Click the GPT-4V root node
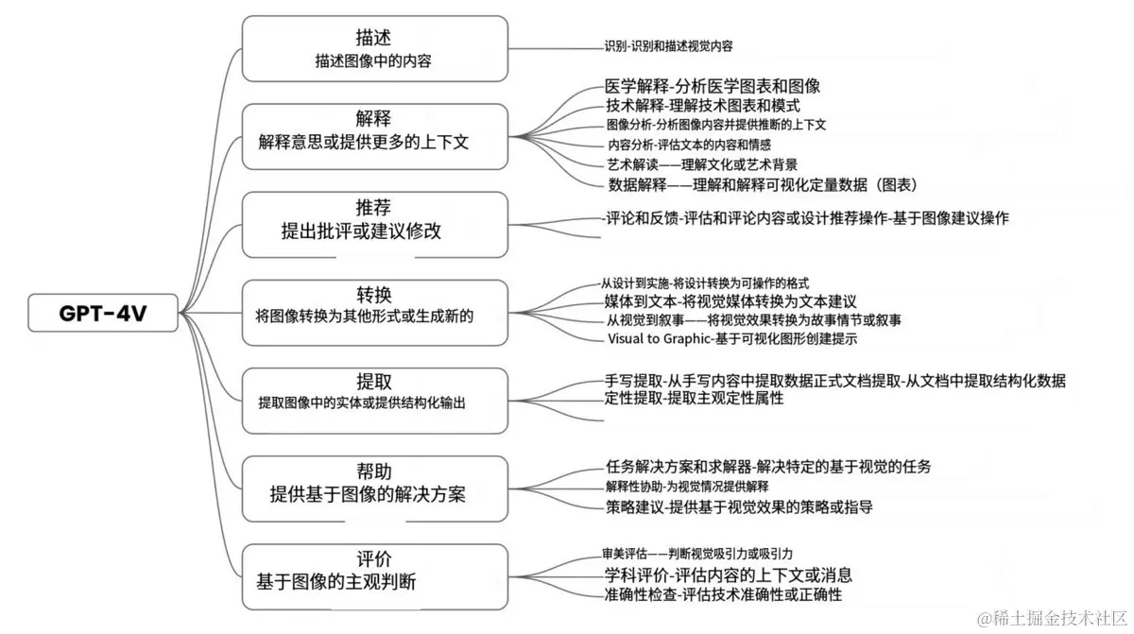coord(102,313)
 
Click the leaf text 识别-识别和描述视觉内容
coord(669,45)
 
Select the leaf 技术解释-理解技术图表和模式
coord(702,106)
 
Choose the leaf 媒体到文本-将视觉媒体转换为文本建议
coord(730,301)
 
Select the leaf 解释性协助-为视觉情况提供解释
coord(687,487)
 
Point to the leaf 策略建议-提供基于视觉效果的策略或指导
coord(739,507)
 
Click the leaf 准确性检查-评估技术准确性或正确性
coord(723,594)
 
